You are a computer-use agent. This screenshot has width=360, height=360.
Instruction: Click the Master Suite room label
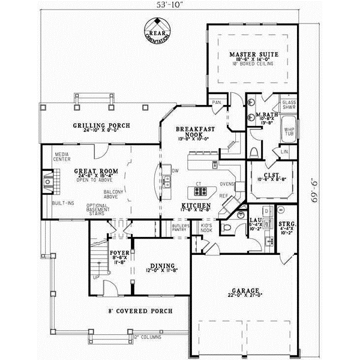coord(254,55)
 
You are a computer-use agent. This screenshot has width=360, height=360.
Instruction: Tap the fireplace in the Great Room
coord(48,180)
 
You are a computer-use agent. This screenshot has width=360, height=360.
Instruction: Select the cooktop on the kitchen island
coord(199,193)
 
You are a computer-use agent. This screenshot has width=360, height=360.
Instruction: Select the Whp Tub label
coord(289,131)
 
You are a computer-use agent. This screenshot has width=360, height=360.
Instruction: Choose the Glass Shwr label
coord(289,105)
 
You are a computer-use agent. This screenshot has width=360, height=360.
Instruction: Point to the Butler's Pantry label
coord(182,228)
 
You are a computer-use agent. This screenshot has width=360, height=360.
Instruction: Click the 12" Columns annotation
coord(149,337)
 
